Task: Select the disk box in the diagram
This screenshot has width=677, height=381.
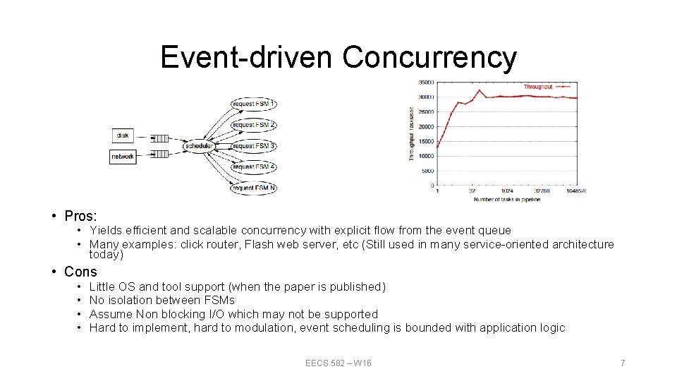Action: click(x=123, y=135)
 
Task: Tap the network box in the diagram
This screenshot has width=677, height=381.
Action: click(x=122, y=156)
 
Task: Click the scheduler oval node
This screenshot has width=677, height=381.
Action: click(x=198, y=146)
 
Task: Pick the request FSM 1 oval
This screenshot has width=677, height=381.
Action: click(x=253, y=104)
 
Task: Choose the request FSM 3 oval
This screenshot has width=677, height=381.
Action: click(x=253, y=146)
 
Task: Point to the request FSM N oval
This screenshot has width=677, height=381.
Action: click(x=253, y=188)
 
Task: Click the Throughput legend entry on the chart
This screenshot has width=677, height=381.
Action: click(x=538, y=87)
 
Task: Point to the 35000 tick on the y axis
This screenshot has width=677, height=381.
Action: click(x=425, y=82)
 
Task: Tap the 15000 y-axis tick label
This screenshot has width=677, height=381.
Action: click(x=425, y=141)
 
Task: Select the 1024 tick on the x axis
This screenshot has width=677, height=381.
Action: click(x=506, y=191)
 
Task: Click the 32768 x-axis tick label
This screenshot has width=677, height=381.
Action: click(x=540, y=191)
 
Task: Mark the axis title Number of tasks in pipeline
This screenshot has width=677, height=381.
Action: click(x=506, y=200)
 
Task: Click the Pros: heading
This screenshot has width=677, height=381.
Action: click(x=80, y=215)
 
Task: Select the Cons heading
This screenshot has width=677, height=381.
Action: click(x=80, y=272)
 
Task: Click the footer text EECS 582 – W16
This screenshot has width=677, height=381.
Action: click(x=338, y=363)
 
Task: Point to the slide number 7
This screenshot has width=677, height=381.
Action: click(x=623, y=363)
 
